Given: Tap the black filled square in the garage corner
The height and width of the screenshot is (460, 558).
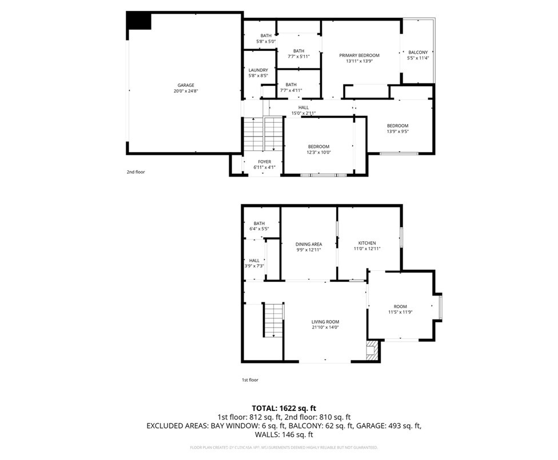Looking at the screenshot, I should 139,21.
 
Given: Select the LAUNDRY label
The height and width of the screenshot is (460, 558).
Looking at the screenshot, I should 258,70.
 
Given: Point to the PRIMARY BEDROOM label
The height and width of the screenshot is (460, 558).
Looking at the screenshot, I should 359,55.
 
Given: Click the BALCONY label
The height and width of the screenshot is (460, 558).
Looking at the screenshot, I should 417,52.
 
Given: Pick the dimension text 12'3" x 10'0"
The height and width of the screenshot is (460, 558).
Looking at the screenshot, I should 318,153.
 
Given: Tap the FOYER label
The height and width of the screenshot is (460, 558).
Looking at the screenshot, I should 264,162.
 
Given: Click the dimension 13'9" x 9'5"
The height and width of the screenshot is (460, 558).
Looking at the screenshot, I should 397,132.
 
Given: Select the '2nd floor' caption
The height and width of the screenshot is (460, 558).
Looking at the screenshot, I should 135,171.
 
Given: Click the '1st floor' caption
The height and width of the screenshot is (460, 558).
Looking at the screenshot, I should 249,379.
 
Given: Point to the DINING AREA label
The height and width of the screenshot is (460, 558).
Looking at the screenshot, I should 308,244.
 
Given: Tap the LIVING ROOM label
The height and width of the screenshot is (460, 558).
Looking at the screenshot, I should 325,322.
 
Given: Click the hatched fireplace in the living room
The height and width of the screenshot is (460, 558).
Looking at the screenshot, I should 373,350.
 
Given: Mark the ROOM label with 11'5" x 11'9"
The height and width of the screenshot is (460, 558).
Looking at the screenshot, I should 400,306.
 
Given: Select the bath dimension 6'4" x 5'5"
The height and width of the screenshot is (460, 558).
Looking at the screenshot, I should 259,229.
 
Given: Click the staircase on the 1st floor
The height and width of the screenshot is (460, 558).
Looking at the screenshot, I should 273,320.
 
